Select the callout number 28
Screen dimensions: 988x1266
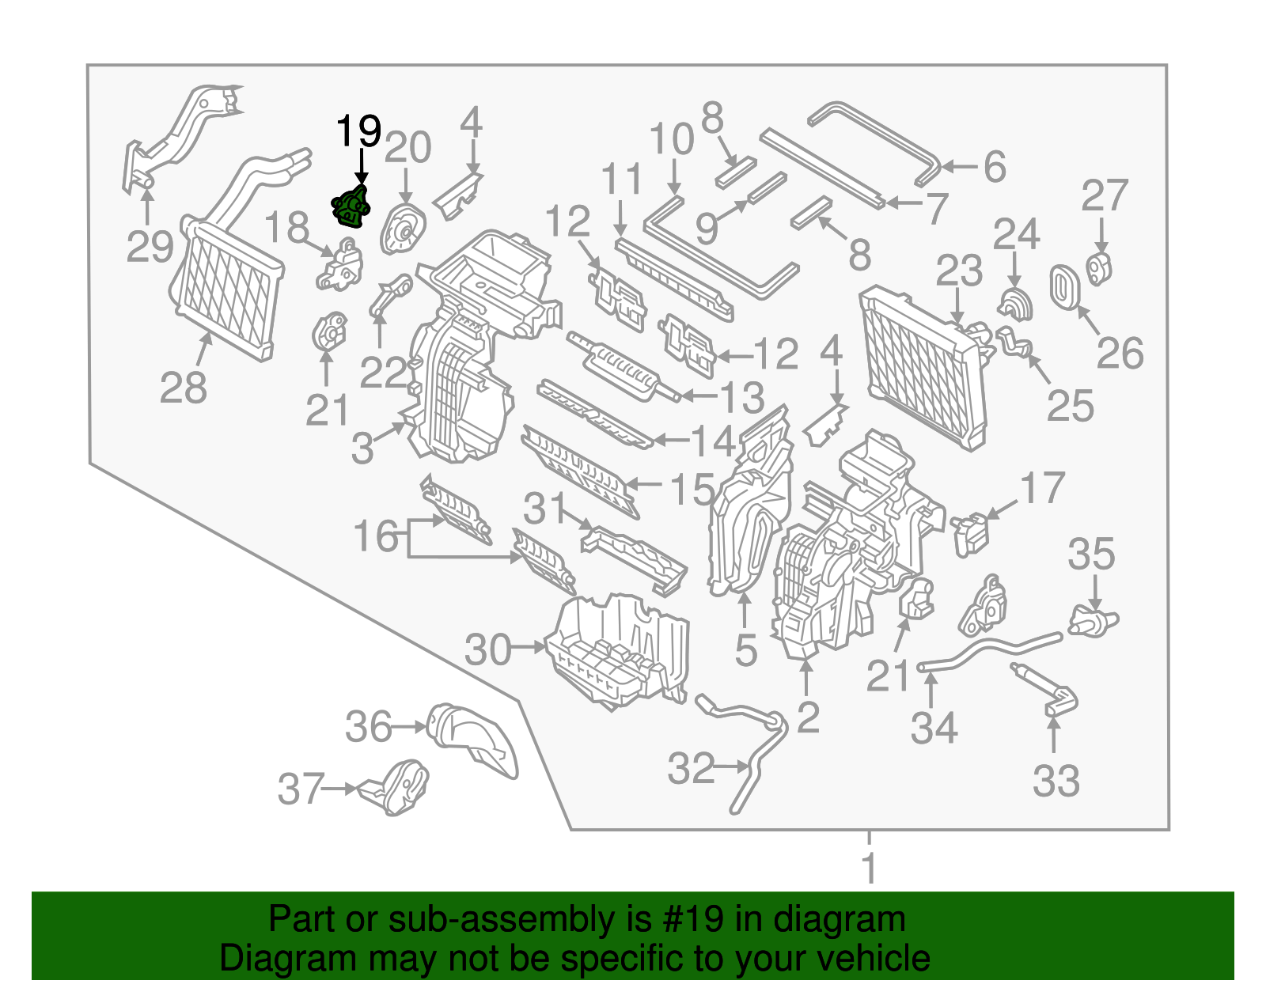(x=183, y=388)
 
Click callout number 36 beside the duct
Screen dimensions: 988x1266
(x=368, y=727)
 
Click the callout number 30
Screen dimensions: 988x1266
(x=487, y=650)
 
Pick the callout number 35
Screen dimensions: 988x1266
(x=1091, y=555)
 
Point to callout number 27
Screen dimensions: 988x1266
(x=1105, y=196)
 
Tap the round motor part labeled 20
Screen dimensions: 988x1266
(x=403, y=229)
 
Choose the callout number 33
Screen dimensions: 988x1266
(x=1056, y=781)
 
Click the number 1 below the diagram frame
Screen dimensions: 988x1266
(x=869, y=868)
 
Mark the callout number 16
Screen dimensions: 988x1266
(x=376, y=536)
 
